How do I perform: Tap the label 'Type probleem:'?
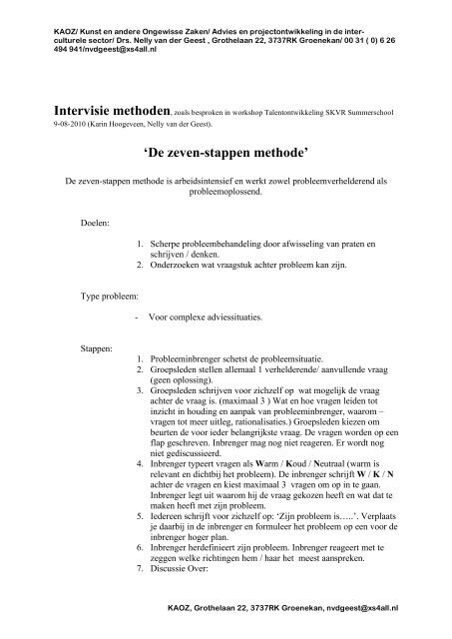coord(112,298)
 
